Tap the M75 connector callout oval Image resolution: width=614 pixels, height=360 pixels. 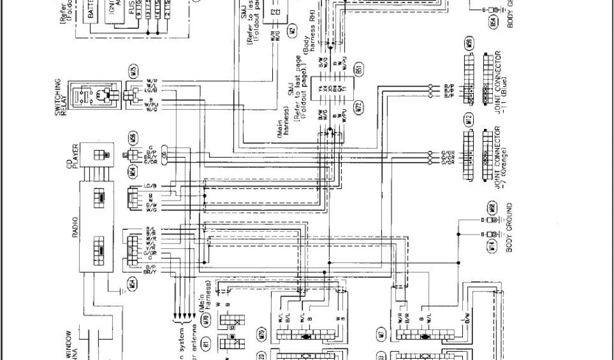click(132, 71)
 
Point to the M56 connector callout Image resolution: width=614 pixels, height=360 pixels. click(132, 138)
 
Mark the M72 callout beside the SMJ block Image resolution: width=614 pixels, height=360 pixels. click(359, 109)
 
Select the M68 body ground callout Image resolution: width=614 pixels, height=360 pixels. click(491, 209)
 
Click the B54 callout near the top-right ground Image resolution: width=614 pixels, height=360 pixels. click(493, 23)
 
